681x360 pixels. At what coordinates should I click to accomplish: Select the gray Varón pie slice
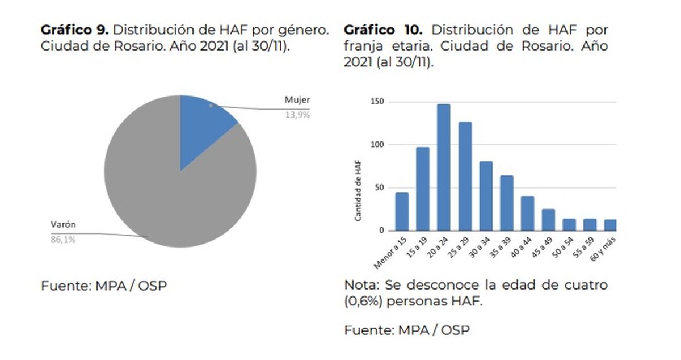170,193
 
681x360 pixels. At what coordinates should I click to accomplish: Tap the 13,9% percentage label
297,115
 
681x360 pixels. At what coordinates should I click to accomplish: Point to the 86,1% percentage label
64,240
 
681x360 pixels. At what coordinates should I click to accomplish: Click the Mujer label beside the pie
297,101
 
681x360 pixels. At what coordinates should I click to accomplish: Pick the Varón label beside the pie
64,225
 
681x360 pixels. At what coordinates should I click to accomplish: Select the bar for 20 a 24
443,168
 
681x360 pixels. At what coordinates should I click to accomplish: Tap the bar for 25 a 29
465,177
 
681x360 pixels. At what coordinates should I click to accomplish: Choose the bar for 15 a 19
423,189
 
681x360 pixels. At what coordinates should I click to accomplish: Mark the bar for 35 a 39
506,203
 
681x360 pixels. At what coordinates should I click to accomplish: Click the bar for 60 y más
611,225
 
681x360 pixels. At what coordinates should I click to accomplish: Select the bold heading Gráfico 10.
384,31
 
